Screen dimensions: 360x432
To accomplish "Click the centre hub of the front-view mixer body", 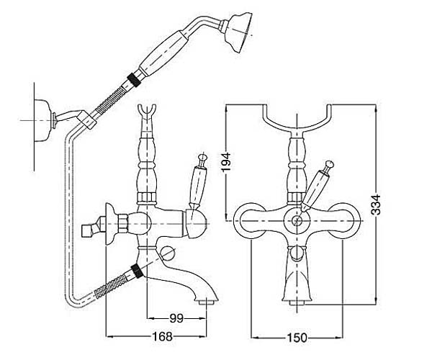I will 295,221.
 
